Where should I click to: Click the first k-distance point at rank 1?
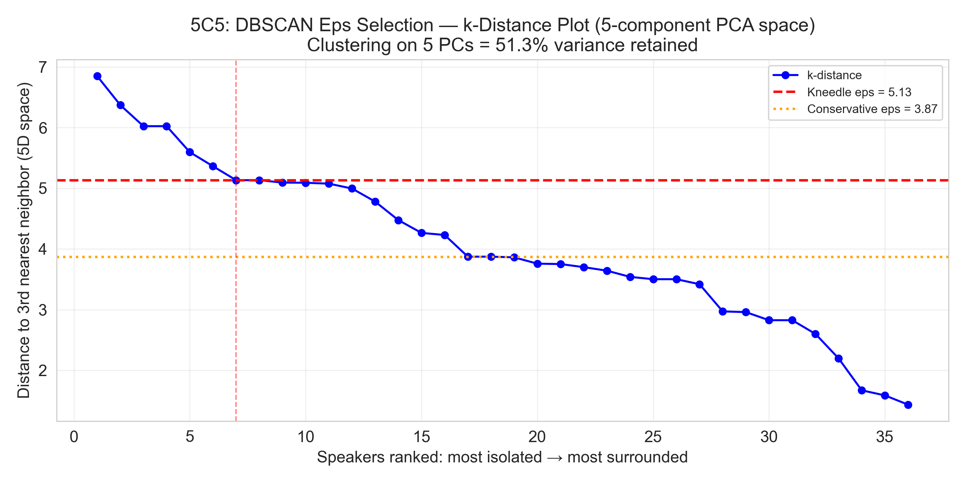click(x=97, y=76)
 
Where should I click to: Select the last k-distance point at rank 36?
click(x=908, y=405)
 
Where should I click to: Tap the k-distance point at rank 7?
click(x=236, y=180)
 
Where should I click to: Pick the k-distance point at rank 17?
click(x=468, y=257)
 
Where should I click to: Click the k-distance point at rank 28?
click(x=723, y=311)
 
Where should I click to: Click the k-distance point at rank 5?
click(x=190, y=152)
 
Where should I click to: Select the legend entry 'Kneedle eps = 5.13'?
click(x=859, y=92)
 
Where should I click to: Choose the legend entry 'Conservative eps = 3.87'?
click(x=872, y=109)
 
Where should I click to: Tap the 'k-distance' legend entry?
click(x=834, y=75)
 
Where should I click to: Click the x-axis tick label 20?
click(x=537, y=437)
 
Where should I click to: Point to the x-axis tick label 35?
click(x=885, y=437)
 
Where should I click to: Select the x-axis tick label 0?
click(x=74, y=437)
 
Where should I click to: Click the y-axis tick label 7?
click(x=43, y=68)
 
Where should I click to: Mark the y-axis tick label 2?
click(x=43, y=371)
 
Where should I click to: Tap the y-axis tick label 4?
click(x=43, y=249)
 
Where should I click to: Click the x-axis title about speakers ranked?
click(x=502, y=458)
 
